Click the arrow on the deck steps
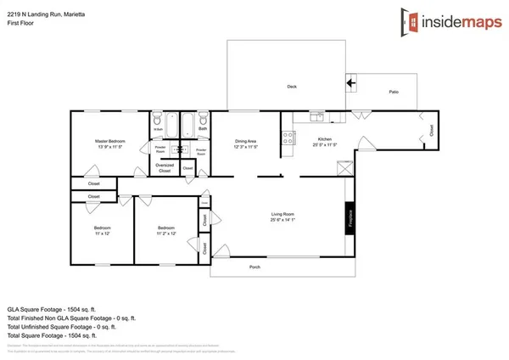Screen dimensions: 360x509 (350, 83)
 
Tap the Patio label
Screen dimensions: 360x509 (394, 92)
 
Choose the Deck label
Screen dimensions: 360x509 (291, 87)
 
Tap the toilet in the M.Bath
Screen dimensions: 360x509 (158, 121)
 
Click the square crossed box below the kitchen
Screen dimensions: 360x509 (344, 168)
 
